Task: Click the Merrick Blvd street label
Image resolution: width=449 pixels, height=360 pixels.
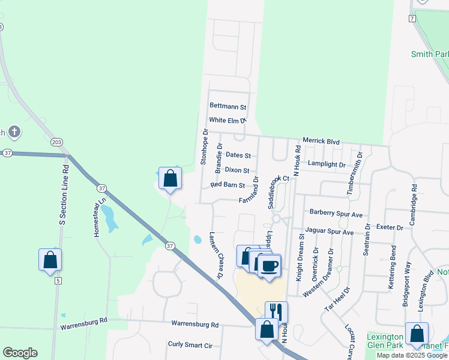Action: [321, 142]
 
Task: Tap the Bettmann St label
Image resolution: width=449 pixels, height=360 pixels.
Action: [228, 107]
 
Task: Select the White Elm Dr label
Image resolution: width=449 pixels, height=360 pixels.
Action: [228, 121]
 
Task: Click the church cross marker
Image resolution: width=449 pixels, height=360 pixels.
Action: [14, 131]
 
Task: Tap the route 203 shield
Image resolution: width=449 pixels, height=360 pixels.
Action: [56, 142]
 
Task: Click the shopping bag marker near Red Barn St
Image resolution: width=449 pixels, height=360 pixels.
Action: [170, 178]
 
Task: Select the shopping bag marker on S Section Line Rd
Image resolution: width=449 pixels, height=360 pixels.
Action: [50, 260]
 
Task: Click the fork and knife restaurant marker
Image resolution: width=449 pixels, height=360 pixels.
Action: [276, 311]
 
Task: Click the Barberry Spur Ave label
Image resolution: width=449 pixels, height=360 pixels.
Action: [336, 214]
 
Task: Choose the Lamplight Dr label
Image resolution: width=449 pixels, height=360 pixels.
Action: [327, 164]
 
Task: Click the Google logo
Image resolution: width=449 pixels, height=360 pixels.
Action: [20, 353]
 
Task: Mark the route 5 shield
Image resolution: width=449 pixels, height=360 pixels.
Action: [58, 280]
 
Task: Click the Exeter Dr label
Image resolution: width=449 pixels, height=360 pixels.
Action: [390, 227]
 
